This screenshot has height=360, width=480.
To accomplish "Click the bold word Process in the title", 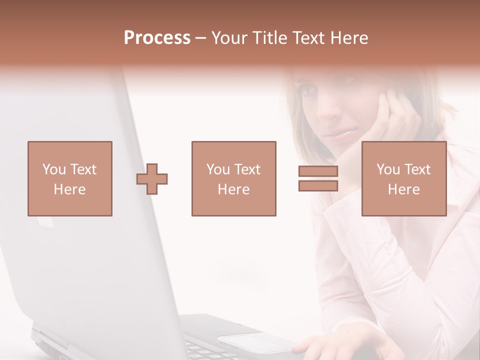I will pos(157,38).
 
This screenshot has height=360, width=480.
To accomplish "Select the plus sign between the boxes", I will pos(152,179).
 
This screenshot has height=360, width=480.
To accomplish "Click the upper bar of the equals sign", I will pos(318,171).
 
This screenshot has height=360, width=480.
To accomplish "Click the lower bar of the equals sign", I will pos(318,186).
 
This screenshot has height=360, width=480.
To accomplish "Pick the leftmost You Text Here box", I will pos(70,178).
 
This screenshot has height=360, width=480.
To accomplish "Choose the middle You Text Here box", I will pos(233,178).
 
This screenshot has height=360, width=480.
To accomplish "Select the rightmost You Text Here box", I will pos(403,178).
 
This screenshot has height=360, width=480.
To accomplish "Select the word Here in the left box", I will pos(70,189).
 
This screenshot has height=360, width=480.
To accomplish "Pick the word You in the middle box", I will pos(218,169).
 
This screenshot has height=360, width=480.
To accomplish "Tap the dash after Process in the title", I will pos(200,38).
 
